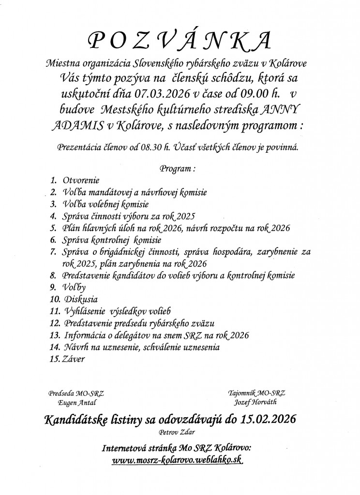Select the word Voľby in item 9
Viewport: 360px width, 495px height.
point(73,288)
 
